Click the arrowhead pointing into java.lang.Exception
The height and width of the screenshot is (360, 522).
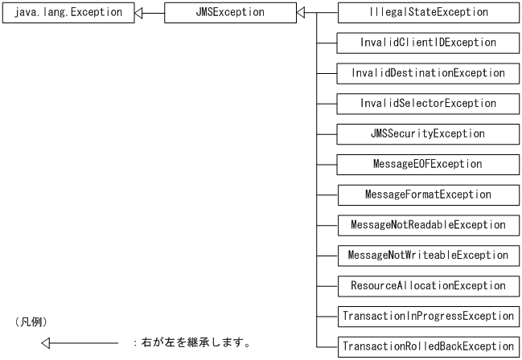click(139, 13)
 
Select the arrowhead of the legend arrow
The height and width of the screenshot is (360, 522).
click(47, 344)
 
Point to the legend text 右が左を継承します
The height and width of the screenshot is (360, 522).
click(193, 344)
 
